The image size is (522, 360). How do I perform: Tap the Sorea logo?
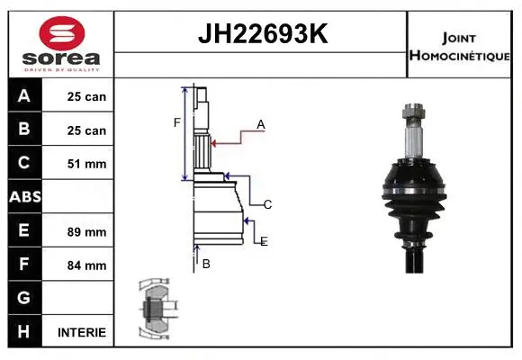click(62, 45)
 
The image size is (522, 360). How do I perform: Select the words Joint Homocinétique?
click(460, 46)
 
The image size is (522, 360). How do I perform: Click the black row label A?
click(24, 96)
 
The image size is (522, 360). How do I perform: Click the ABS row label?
click(24, 197)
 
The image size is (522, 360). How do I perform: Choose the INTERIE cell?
click(82, 332)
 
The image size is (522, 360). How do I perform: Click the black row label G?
click(24, 298)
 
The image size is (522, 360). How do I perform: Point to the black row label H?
click(24, 331)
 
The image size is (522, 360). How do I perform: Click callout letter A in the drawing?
click(261, 125)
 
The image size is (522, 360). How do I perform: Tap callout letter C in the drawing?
click(267, 205)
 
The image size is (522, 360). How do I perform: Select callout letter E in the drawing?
click(264, 241)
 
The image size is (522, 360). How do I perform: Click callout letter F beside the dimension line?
click(177, 121)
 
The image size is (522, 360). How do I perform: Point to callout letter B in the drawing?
click(206, 264)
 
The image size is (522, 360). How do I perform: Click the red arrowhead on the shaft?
click(214, 141)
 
